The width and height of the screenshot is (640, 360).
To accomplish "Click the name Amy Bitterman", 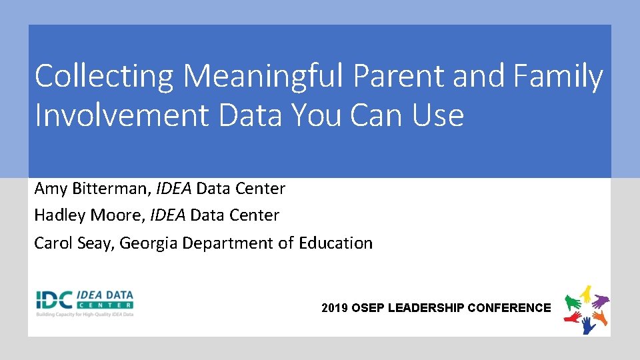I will (91, 189).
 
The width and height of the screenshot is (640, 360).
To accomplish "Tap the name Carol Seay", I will (75, 243).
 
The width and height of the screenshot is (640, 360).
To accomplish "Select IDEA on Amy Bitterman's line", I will (174, 189).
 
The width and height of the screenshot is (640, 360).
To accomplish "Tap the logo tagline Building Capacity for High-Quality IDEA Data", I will (85, 313).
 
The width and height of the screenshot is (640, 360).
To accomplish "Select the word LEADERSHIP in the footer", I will (426, 308).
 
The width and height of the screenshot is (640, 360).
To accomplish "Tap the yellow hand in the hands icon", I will (586, 292).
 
